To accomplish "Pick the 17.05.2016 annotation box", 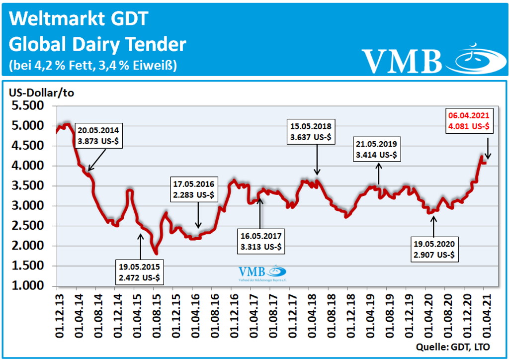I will (x=193, y=189).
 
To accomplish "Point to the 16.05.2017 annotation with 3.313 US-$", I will (x=259, y=241).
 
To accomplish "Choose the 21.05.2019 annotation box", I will (x=376, y=149).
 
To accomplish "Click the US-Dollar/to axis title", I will (x=40, y=91).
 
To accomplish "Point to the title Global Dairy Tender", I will (x=97, y=44).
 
